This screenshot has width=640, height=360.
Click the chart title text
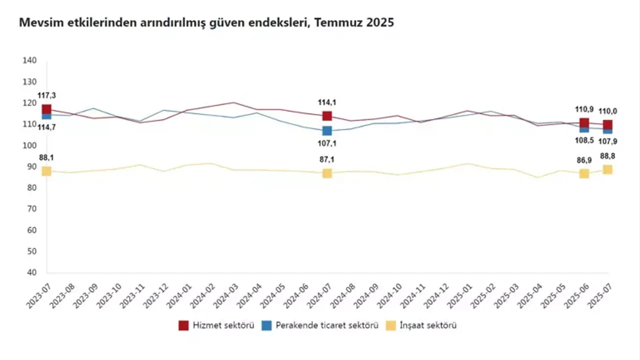(x=206, y=22)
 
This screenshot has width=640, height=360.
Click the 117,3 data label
(x=46, y=95)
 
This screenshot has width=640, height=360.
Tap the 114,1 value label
(x=327, y=102)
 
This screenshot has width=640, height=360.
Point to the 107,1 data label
(x=327, y=143)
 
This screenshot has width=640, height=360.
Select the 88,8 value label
(x=607, y=156)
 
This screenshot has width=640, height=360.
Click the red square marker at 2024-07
(x=327, y=116)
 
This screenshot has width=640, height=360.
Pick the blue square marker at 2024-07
(x=327, y=131)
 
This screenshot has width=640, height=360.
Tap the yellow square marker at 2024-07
(x=327, y=173)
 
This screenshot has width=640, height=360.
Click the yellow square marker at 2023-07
(x=46, y=171)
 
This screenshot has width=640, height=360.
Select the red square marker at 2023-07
(x=46, y=109)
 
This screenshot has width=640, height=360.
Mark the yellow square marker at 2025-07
(x=607, y=169)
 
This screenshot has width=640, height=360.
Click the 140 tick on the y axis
(x=30, y=60)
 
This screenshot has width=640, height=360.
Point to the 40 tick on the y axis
(x=32, y=272)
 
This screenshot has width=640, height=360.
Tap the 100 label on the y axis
(x=30, y=145)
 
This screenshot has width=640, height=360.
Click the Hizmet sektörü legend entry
(x=216, y=325)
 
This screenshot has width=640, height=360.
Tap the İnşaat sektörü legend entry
(x=421, y=325)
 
